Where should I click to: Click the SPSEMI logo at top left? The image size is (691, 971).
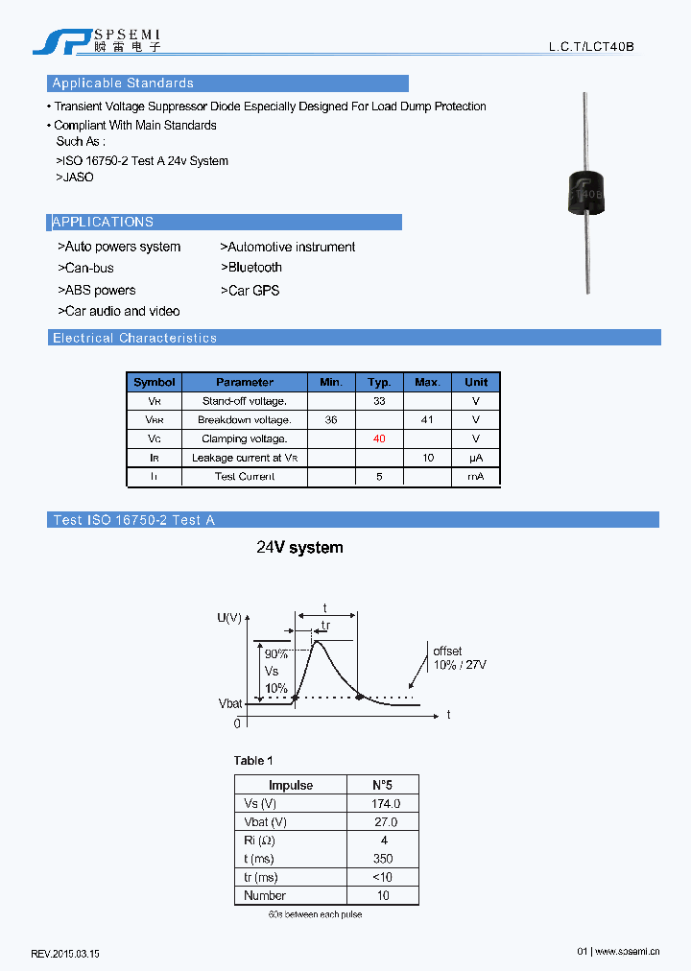(96, 40)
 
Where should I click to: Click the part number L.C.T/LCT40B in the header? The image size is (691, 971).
(591, 46)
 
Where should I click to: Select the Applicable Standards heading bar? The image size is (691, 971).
(227, 83)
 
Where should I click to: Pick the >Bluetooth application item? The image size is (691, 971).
(251, 268)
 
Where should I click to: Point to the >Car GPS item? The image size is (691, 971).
(250, 291)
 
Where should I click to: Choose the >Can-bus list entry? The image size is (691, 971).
(85, 269)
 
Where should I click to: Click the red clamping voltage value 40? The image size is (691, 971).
(379, 438)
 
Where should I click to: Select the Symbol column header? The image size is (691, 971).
(154, 382)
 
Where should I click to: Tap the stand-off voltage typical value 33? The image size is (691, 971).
(379, 401)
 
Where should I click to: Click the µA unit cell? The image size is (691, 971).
(476, 458)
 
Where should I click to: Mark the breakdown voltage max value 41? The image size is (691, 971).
(427, 420)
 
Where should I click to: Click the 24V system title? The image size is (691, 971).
(299, 548)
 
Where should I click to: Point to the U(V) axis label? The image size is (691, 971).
(229, 617)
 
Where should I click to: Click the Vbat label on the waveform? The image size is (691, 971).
(230, 703)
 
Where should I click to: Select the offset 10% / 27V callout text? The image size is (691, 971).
(460, 658)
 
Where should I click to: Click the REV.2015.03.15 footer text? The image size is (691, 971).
(65, 954)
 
